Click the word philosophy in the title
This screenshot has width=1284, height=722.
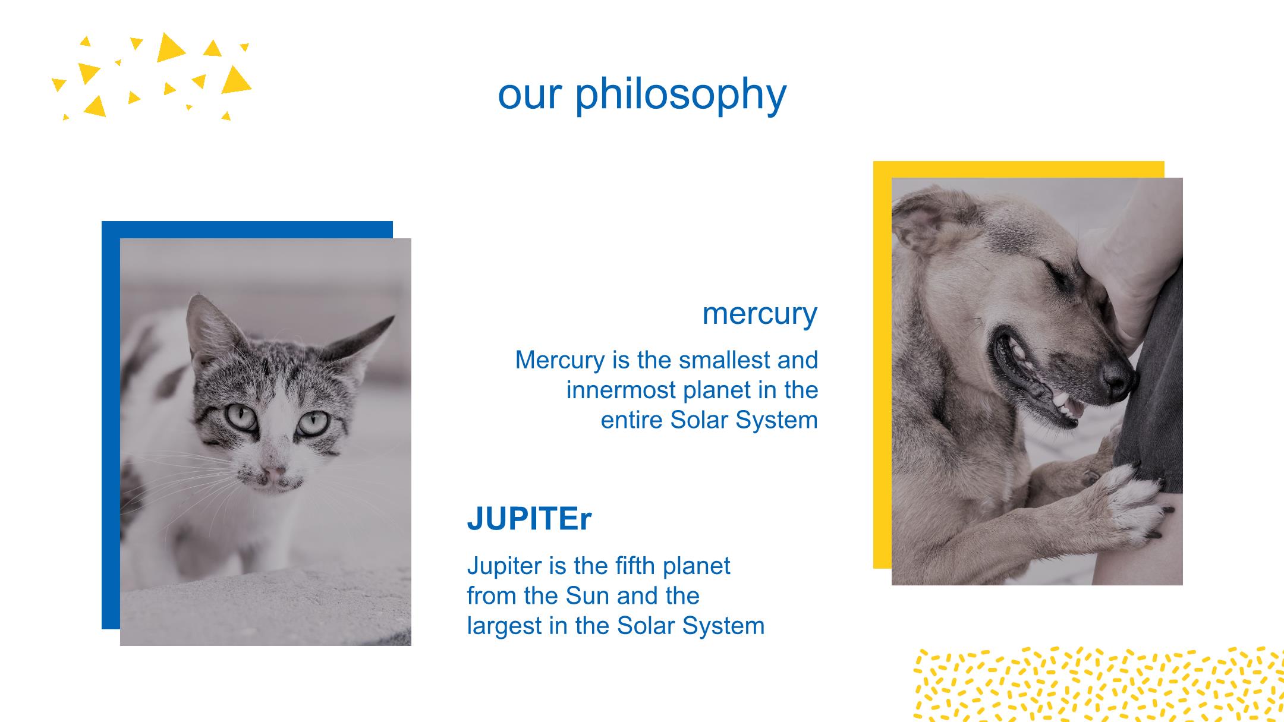[681, 95]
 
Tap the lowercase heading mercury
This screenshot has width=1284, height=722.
[760, 314]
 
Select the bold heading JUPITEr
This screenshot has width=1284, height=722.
[529, 518]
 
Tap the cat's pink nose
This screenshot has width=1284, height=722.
[274, 473]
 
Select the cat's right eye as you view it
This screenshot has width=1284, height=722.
[313, 423]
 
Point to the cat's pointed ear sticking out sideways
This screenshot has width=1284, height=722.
[363, 339]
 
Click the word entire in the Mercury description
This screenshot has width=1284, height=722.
[631, 420]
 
